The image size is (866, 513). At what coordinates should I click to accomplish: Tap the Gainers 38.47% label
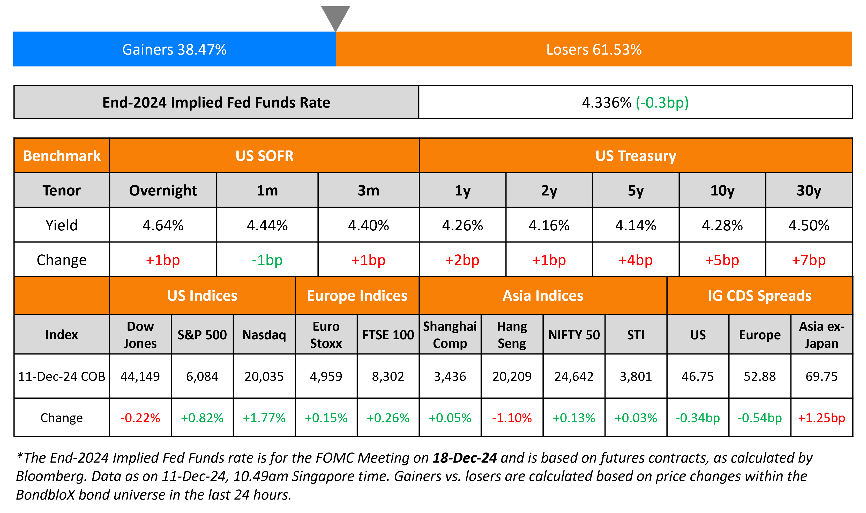tap(174, 49)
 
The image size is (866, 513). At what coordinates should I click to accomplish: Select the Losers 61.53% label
tap(594, 49)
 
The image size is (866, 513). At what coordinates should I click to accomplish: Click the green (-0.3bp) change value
tap(662, 102)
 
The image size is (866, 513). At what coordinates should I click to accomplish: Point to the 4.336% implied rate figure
tap(606, 102)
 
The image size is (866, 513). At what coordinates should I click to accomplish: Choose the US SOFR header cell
tap(264, 156)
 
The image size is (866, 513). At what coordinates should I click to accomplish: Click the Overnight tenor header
tap(163, 191)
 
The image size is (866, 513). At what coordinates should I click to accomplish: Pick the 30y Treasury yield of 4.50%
tap(809, 225)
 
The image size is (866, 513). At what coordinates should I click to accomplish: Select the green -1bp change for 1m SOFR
tap(267, 260)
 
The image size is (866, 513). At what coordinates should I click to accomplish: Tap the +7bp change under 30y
tap(809, 260)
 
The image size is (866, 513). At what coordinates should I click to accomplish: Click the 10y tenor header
tap(722, 191)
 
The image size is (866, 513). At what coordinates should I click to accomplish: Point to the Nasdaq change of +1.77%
tap(264, 418)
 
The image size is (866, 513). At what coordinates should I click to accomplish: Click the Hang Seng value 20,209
tap(512, 376)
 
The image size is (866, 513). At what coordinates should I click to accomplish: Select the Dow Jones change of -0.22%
tap(140, 418)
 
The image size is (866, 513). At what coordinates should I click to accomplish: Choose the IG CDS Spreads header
tap(759, 296)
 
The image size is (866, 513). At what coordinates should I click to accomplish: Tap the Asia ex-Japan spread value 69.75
tap(822, 376)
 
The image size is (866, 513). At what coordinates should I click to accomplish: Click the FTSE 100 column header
tap(388, 335)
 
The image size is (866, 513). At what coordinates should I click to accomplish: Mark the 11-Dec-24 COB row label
tap(62, 376)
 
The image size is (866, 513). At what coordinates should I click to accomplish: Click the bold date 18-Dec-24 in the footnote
tap(465, 458)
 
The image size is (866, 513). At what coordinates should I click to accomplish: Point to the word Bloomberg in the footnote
tap(50, 476)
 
